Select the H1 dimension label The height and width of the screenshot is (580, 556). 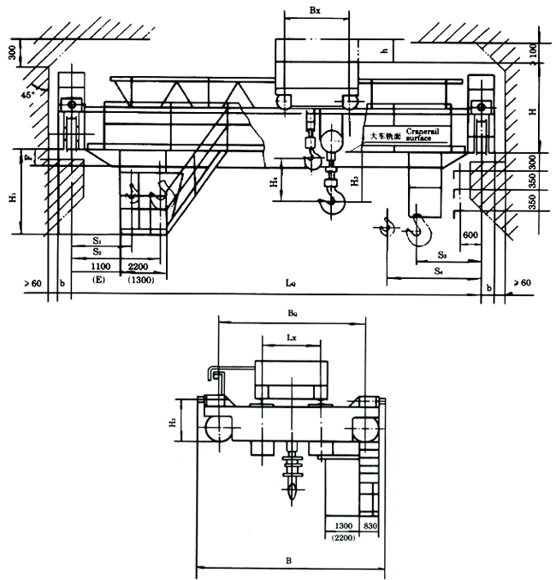tap(12, 196)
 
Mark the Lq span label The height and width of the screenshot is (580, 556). tap(291, 282)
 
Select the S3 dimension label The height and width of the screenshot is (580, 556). tap(441, 255)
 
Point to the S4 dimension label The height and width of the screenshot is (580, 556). tap(437, 271)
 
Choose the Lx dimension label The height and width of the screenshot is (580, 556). tap(291, 339)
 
